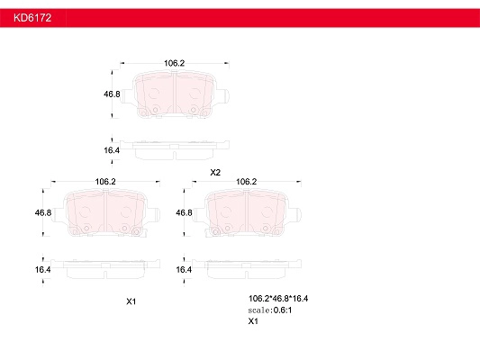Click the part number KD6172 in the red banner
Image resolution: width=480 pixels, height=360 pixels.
32,18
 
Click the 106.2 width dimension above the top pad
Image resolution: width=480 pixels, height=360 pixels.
174,63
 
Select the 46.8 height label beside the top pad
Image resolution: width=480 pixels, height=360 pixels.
112,94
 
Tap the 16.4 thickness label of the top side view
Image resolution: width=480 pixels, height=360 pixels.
112,150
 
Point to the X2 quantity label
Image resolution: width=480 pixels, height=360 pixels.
215,173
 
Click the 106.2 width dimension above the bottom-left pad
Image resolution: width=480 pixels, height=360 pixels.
105,182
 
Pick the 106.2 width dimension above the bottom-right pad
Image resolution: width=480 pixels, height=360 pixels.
246,182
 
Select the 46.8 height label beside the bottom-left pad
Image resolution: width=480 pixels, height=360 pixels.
43,212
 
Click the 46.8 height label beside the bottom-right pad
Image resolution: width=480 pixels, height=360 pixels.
184,212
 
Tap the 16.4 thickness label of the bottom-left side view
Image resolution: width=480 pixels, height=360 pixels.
43,269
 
